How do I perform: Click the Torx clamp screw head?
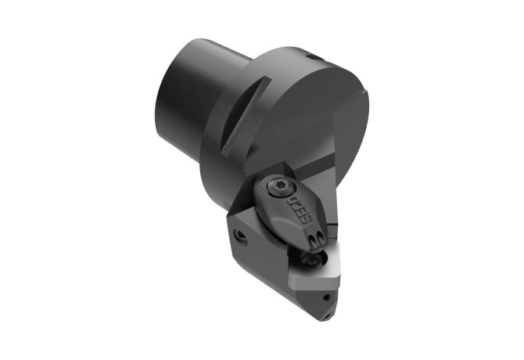click(280, 187)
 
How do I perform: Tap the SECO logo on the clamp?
click(300, 208)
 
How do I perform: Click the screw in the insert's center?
click(310, 259)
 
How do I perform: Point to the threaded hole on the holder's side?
click(240, 237)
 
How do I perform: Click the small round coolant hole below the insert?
click(327, 297)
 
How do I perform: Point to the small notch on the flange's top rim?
click(315, 57)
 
